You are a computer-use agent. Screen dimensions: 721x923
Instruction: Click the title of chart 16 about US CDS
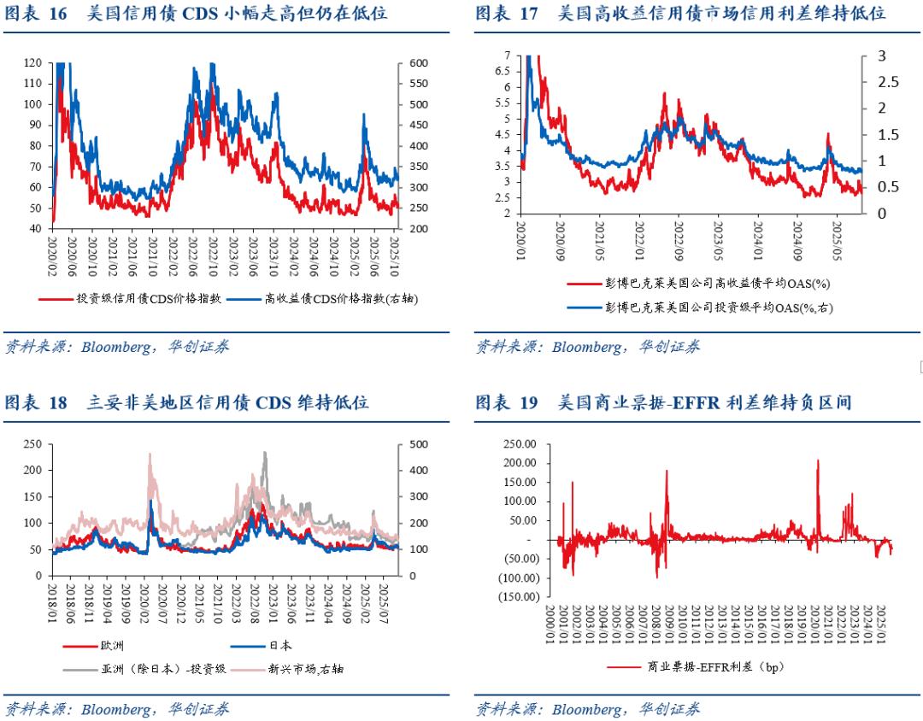tap(197, 14)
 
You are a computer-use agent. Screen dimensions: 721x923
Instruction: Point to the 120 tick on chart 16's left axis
tap(32, 62)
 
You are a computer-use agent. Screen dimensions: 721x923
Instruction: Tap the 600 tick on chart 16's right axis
tap(419, 62)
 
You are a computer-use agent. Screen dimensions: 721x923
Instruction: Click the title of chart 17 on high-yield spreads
tap(680, 14)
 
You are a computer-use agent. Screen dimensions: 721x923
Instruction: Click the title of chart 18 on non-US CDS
tap(187, 402)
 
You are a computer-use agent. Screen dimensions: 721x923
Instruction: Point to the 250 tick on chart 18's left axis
tap(32, 444)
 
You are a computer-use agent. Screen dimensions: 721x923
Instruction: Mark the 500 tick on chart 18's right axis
tap(419, 444)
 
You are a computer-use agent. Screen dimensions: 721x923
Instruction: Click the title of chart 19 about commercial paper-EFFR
tap(663, 402)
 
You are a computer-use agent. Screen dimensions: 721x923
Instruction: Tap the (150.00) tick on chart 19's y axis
tap(516, 596)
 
